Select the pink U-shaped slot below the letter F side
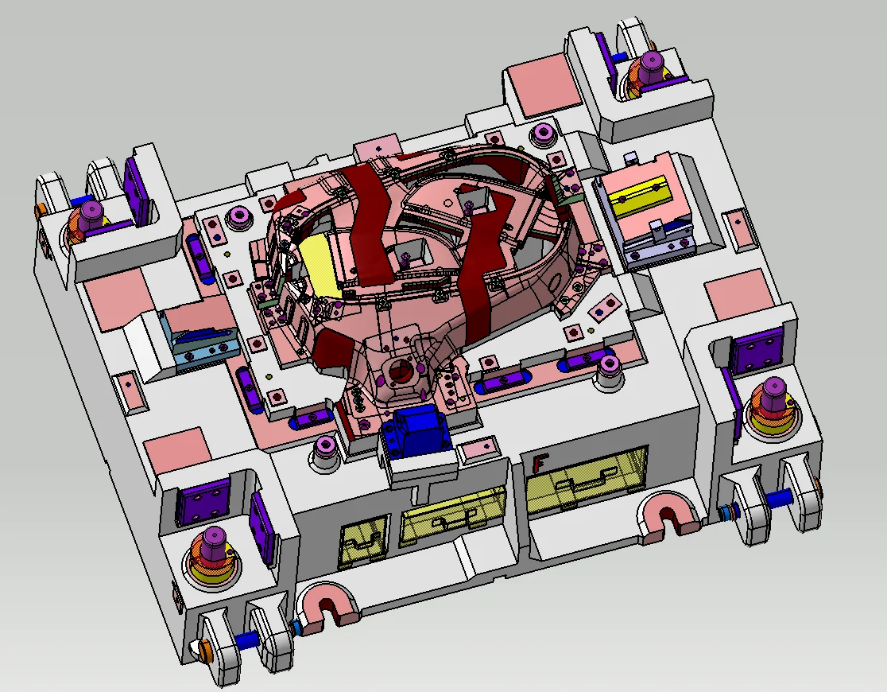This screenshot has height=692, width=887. pos(668,515)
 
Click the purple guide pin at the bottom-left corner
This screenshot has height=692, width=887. pos(213,543)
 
